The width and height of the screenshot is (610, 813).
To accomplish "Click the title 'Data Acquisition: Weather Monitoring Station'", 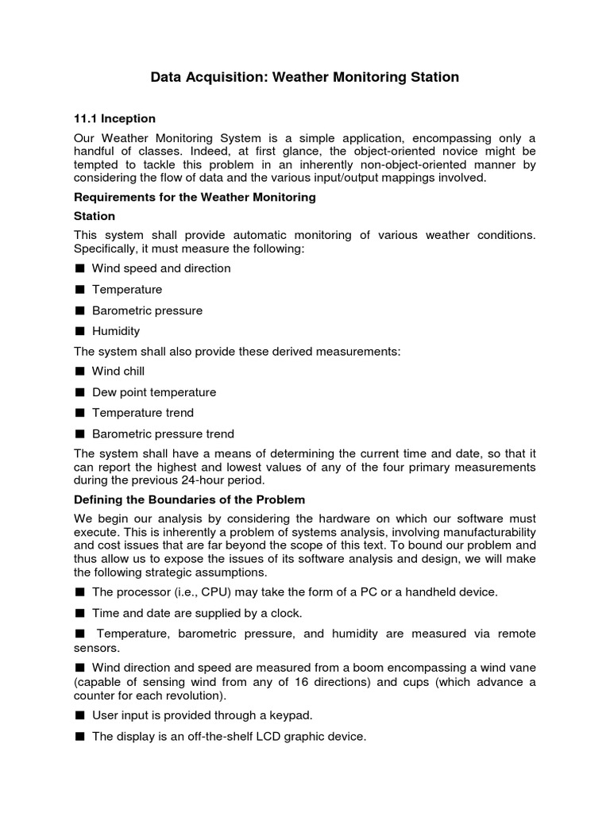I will [305, 77].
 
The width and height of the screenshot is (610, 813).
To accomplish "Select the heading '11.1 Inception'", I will [114, 118].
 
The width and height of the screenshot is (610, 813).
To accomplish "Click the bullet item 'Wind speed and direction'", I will [161, 268].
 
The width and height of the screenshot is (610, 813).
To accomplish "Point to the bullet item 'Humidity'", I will [116, 331].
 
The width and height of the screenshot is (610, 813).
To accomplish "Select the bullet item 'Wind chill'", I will [118, 371].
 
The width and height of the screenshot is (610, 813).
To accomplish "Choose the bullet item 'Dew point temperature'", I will [154, 392].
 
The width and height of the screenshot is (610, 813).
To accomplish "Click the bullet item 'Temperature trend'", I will [143, 413].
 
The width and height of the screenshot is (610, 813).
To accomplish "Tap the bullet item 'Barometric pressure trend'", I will [163, 433].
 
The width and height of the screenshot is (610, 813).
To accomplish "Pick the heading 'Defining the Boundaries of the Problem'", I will [189, 499].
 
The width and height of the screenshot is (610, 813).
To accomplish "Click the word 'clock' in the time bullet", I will [287, 613].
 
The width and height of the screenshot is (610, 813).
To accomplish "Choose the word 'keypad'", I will [284, 715].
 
